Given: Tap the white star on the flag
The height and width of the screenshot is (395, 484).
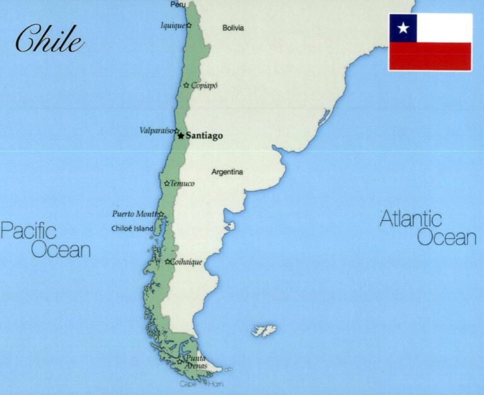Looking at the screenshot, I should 403,28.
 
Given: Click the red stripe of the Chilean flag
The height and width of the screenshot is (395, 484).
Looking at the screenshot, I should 430,56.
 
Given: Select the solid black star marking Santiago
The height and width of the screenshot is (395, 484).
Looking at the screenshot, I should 181,135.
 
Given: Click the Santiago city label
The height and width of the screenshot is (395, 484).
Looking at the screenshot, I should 204,136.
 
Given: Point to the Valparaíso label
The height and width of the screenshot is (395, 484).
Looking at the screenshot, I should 156,130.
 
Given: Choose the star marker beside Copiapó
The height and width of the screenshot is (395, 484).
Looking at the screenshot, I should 186,85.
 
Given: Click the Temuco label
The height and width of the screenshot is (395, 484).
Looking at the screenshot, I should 182,184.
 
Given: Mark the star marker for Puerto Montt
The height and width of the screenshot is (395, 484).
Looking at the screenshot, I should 161,214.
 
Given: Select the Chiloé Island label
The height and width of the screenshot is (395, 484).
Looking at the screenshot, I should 132,228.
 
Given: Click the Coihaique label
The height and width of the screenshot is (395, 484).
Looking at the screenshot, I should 187,262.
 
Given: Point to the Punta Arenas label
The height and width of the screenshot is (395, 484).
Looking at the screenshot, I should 195,362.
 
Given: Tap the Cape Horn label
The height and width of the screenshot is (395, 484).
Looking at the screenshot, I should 201,384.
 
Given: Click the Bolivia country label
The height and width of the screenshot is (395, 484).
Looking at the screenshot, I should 233,28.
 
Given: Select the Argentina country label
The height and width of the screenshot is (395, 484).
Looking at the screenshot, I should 227,172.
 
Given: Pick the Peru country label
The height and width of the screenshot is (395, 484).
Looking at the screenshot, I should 178,4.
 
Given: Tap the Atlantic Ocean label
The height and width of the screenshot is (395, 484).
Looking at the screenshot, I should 429,228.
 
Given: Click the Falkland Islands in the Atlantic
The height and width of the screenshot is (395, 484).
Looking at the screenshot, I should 265,330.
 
